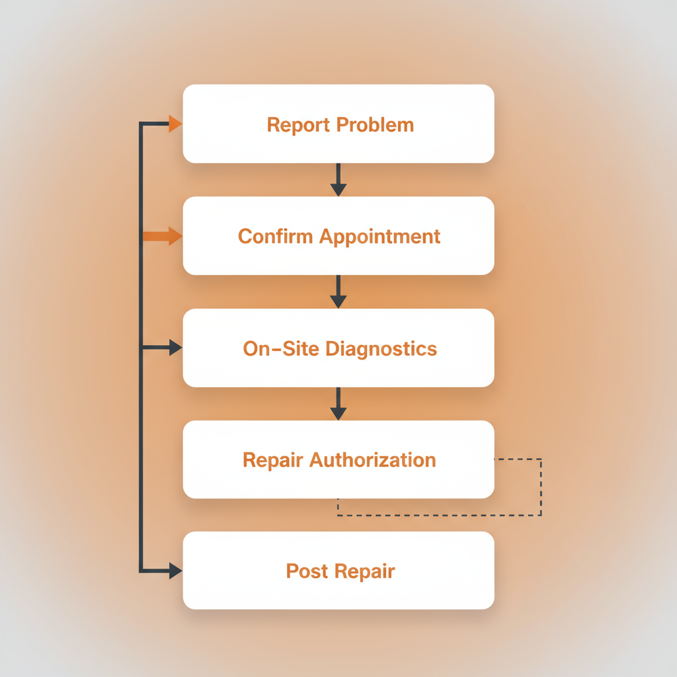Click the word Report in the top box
[x=299, y=125]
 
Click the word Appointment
[x=380, y=237]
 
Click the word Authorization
[x=374, y=460]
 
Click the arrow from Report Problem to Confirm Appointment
[x=338, y=180]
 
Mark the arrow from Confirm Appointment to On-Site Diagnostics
[x=338, y=292]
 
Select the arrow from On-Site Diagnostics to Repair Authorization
[x=338, y=404]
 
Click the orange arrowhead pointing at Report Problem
[x=175, y=124]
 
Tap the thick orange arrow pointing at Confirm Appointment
[x=162, y=236]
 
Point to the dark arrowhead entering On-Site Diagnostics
[x=175, y=348]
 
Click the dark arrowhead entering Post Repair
[x=175, y=571]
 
